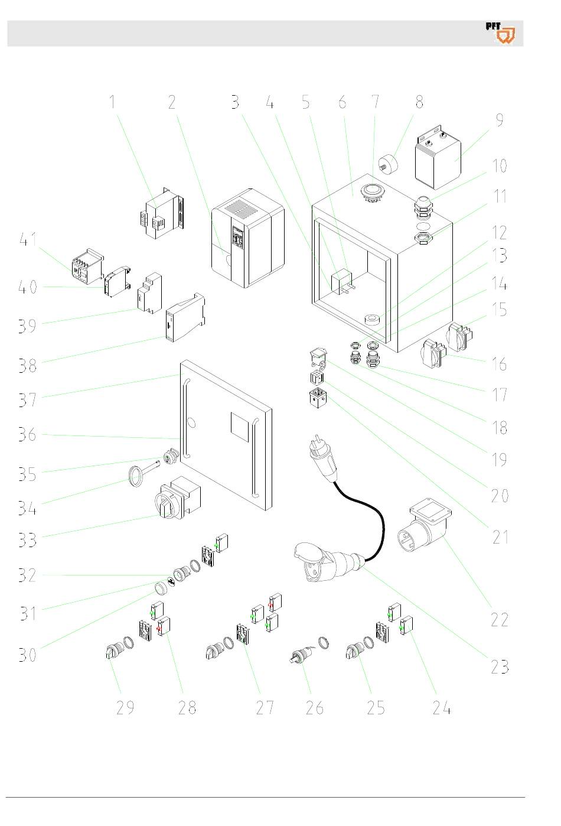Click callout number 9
point(500,120)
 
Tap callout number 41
point(28,240)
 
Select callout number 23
point(500,666)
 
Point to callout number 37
point(28,400)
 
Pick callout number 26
point(314,708)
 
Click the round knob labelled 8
point(388,164)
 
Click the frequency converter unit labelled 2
point(247,238)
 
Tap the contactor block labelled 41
point(88,266)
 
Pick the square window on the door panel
point(240,427)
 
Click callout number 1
point(112,102)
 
